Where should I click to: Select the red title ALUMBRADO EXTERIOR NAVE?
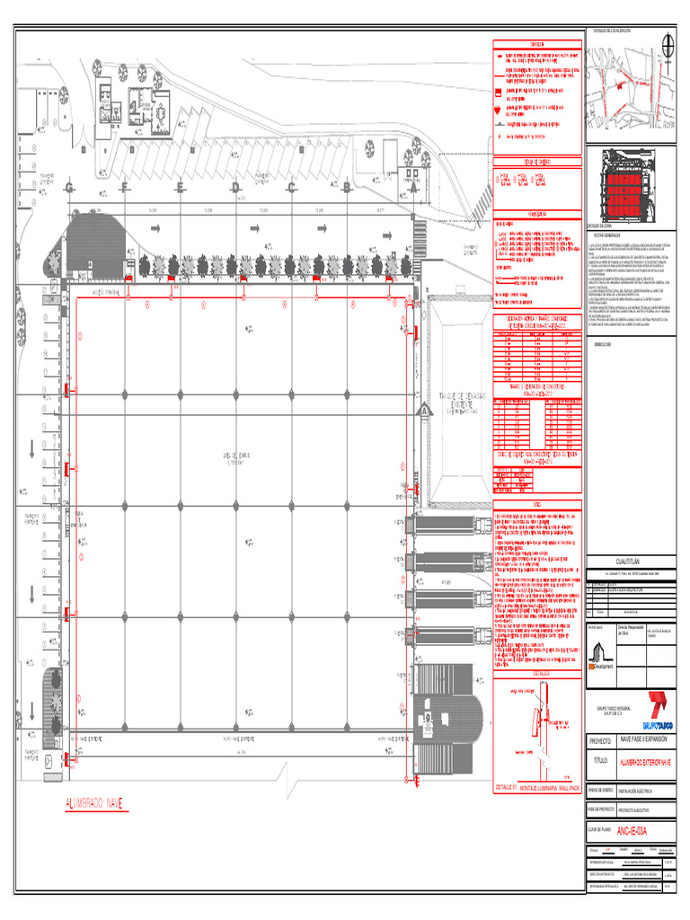pos(644,762)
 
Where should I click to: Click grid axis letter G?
pos(69,188)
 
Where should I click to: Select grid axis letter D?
pos(235,188)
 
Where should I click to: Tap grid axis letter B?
pos(346,188)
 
